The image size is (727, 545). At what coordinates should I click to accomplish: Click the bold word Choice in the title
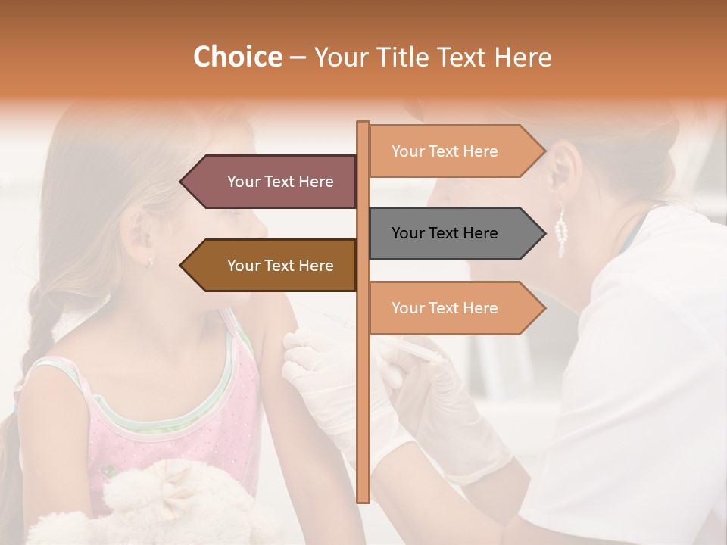(x=237, y=58)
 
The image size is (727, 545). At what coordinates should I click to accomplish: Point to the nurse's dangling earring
(x=561, y=231)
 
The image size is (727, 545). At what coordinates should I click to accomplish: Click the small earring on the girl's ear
(x=150, y=261)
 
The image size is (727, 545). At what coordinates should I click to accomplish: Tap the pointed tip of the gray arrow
(x=544, y=233)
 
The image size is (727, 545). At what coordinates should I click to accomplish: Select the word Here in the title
(x=523, y=58)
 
